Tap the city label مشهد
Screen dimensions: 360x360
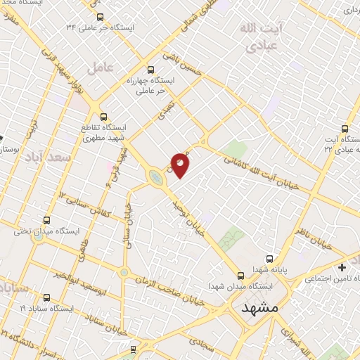pyautogui.click(x=259, y=308)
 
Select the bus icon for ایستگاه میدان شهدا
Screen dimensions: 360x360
pyautogui.click(x=241, y=275)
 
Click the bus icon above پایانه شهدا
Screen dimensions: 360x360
pyautogui.click(x=276, y=258)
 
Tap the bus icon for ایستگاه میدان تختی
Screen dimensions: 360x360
pyautogui.click(x=47, y=220)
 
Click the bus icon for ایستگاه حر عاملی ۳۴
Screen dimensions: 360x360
pyautogui.click(x=99, y=17)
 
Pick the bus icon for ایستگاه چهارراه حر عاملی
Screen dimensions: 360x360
pyautogui.click(x=151, y=70)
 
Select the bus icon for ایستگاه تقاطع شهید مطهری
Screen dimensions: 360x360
pyautogui.click(x=103, y=117)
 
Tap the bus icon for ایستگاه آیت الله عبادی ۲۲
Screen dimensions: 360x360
pyautogui.click(x=345, y=129)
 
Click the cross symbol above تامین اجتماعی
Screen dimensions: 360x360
pyautogui.click(x=342, y=267)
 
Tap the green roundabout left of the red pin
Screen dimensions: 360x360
pyautogui.click(x=155, y=179)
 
